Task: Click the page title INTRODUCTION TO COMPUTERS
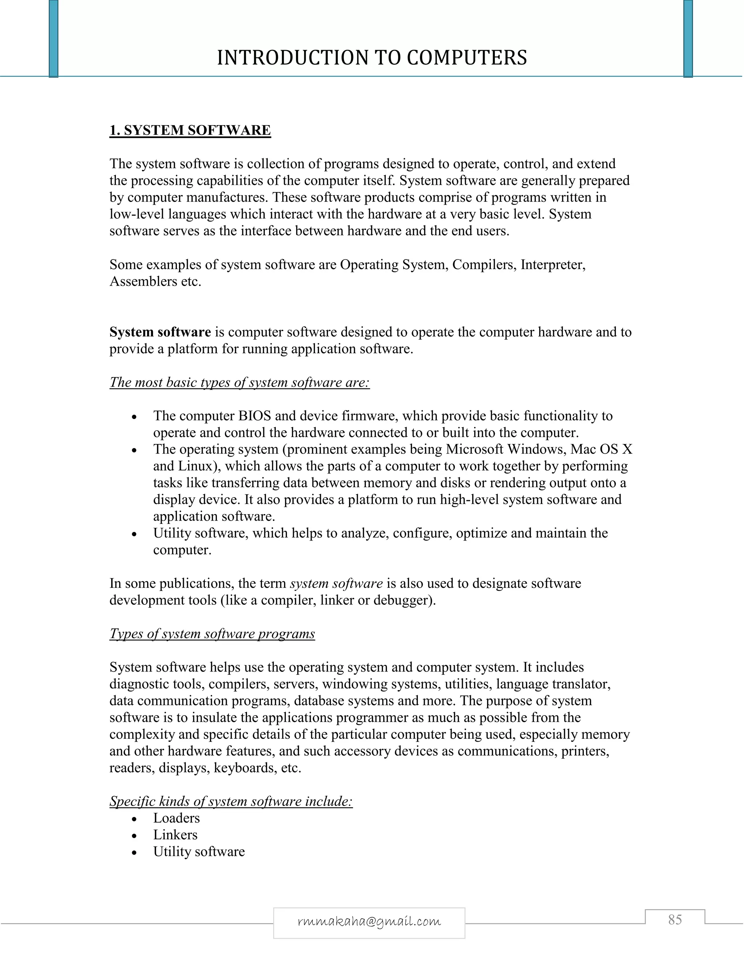pos(372,58)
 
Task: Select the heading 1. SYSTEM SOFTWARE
pos(190,130)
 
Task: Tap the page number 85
pos(675,920)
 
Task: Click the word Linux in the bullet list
pos(195,466)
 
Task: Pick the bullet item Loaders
pos(176,818)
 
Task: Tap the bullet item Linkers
pos(175,835)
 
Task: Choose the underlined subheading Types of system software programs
pos(212,633)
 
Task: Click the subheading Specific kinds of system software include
pos(231,801)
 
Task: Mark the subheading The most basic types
pos(239,382)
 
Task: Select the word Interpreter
pos(553,265)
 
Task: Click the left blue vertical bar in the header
pos(53,39)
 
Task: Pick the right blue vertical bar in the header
pos(688,39)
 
